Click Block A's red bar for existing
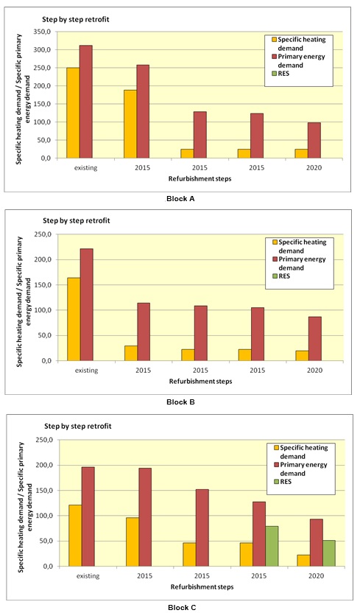[x=86, y=102]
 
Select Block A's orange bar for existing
[x=73, y=113]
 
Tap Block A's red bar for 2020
[x=314, y=140]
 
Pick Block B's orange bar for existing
[x=74, y=319]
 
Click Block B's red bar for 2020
[x=314, y=339]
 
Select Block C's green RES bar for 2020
[x=329, y=553]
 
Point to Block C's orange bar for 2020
[x=303, y=561]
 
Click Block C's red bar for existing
[x=88, y=516]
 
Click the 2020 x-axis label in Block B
[x=314, y=370]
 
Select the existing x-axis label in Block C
[x=88, y=576]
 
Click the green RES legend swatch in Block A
[x=275, y=73]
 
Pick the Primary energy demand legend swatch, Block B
[x=275, y=259]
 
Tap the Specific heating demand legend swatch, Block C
[x=276, y=448]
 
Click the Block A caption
[x=180, y=199]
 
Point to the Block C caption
[x=182, y=607]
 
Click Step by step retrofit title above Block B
[x=76, y=220]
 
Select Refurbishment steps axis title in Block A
[x=200, y=178]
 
